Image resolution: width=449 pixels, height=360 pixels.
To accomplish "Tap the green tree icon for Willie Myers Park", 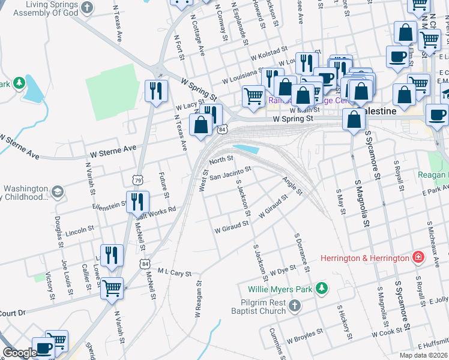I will pos(322,289).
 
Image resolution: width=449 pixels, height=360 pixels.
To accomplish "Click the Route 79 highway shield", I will pos(138,179).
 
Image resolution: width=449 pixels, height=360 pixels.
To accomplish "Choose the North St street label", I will pos(221,160).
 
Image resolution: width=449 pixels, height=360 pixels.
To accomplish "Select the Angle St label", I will pos(292,187).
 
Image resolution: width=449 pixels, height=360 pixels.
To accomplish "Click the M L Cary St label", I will pos(174,272).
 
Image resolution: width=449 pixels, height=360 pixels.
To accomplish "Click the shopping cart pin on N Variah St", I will pos(112,288).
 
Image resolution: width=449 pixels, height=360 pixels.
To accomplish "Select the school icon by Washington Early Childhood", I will pos(57,192).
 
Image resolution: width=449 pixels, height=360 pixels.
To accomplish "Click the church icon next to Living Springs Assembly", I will pos(88,8).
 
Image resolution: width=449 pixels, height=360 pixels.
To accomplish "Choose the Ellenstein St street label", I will pos(109,205).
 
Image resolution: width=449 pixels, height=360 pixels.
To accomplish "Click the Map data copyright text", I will pos(424,355).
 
